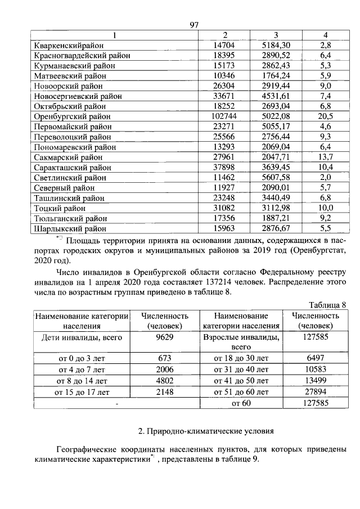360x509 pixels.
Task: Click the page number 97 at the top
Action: point(195,25)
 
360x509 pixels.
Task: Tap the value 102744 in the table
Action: point(224,116)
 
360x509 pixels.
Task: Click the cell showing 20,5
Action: point(325,116)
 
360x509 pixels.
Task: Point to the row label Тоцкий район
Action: point(60,209)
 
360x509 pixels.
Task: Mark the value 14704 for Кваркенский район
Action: point(224,45)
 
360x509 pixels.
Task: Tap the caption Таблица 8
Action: point(325,304)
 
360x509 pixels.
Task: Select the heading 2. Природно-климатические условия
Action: point(206,431)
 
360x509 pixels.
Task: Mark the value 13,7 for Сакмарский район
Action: point(325,157)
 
